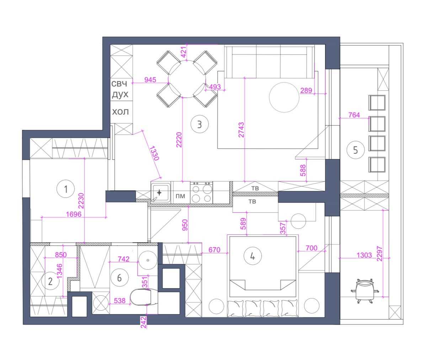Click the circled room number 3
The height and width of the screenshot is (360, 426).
click(199, 125)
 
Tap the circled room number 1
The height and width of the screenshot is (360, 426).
click(65, 189)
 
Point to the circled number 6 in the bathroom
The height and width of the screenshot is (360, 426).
click(119, 277)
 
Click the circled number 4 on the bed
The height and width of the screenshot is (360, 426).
click(252, 256)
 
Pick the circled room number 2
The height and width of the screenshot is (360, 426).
click(50, 282)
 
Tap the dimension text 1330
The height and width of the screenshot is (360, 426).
click(154, 154)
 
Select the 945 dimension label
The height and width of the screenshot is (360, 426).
click(150, 80)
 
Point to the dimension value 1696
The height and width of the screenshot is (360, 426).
click(74, 214)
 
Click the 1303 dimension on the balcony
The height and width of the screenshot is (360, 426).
click(363, 255)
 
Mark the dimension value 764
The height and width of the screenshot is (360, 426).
click(354, 115)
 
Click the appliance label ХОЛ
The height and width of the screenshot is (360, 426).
click(121, 112)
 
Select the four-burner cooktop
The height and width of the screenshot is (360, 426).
click(202, 192)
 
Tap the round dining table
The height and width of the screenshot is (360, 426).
click(187, 79)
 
